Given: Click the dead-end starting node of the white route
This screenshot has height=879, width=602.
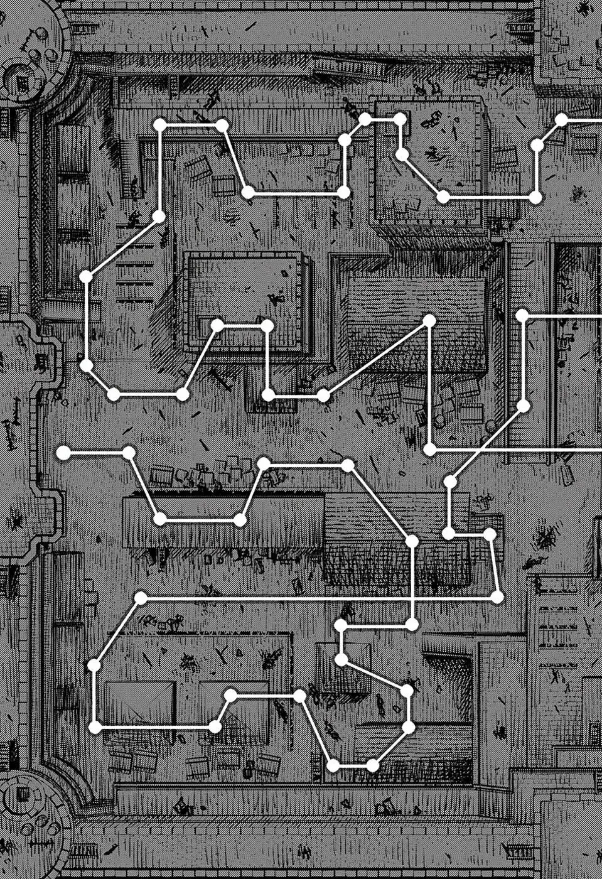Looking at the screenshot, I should (x=62, y=452).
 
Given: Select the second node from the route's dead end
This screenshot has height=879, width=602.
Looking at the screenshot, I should (x=129, y=452).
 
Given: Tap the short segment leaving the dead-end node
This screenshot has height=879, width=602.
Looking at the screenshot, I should (x=95, y=452).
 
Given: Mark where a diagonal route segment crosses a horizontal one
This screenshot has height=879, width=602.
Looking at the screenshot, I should (x=480, y=450).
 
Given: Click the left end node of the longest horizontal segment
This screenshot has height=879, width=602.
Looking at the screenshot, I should (x=141, y=598).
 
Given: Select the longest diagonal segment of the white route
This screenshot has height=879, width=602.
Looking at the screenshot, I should (x=377, y=358).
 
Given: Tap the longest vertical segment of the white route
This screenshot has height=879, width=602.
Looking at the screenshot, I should (x=429, y=385).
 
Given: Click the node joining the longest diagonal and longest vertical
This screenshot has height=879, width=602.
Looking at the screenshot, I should (x=429, y=321).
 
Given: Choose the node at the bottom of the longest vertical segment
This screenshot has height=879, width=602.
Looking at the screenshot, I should (x=429, y=450).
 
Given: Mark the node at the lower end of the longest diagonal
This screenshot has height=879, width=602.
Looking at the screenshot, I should (x=323, y=396).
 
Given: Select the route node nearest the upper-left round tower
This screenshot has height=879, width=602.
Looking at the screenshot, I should (x=159, y=124).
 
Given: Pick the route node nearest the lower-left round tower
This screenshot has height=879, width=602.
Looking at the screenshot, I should (x=95, y=728).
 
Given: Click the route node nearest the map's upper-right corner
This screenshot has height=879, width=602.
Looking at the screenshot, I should (x=562, y=119).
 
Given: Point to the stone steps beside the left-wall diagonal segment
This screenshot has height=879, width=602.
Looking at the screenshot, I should (x=135, y=276).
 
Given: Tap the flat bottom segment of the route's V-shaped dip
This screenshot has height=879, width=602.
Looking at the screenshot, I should (x=200, y=520).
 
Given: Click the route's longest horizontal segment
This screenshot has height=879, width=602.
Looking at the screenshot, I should (x=319, y=598).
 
